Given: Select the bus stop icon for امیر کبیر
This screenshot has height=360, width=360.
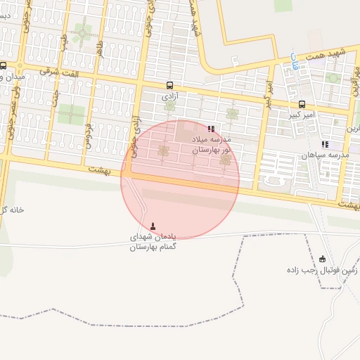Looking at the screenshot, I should (x=302, y=104).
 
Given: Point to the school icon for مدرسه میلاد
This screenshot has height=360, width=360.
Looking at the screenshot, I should (x=211, y=129).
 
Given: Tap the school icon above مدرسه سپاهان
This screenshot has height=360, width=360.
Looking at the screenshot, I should (x=324, y=144).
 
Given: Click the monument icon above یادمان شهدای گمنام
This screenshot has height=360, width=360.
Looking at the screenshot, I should (x=154, y=226).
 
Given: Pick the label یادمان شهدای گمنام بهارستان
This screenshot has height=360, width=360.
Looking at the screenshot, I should (x=154, y=243).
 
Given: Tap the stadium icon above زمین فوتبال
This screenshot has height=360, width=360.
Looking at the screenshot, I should (x=323, y=259).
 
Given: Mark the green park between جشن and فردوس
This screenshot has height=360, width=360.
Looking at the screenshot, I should (x=71, y=114).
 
